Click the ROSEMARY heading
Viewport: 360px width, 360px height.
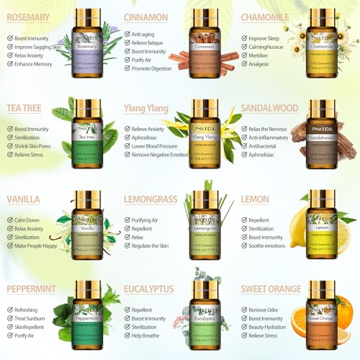point(28,17)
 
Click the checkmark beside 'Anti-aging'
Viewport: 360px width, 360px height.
point(127,34)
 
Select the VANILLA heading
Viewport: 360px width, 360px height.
point(23,199)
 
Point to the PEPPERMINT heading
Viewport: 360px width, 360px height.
point(31,289)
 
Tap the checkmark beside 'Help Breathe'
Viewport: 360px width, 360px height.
point(127,336)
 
